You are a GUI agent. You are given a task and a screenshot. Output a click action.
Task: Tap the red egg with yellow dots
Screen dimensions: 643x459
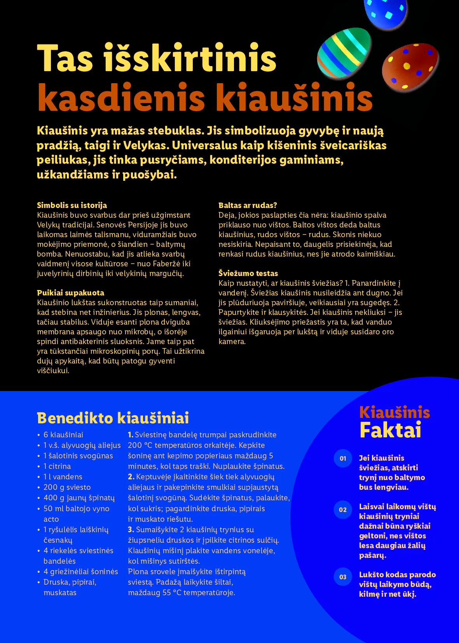410,66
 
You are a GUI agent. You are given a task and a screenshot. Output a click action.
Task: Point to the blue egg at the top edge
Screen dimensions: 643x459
385,12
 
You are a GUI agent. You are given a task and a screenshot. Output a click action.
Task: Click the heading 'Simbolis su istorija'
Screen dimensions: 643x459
72,205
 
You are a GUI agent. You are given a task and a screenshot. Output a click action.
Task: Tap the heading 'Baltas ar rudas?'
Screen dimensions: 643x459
248,205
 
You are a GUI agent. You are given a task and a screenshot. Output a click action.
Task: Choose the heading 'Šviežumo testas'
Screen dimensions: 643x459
248,273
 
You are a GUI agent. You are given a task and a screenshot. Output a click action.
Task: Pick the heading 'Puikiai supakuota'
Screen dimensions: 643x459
70,293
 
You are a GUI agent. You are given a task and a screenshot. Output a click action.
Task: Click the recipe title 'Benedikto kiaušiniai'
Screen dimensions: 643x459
113,418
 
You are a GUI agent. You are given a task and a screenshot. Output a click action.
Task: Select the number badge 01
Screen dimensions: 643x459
343,458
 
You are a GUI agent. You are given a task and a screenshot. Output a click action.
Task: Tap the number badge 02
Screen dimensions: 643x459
343,510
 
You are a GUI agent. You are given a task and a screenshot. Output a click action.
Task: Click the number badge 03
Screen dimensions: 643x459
343,577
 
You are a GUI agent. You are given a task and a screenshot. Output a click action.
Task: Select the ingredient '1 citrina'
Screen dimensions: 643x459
57,466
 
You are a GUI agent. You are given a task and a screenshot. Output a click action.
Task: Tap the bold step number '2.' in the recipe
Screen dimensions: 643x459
131,477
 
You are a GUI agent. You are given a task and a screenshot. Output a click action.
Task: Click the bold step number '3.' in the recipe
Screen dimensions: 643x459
131,529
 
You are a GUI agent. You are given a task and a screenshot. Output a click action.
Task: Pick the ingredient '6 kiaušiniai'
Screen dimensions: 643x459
63,435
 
